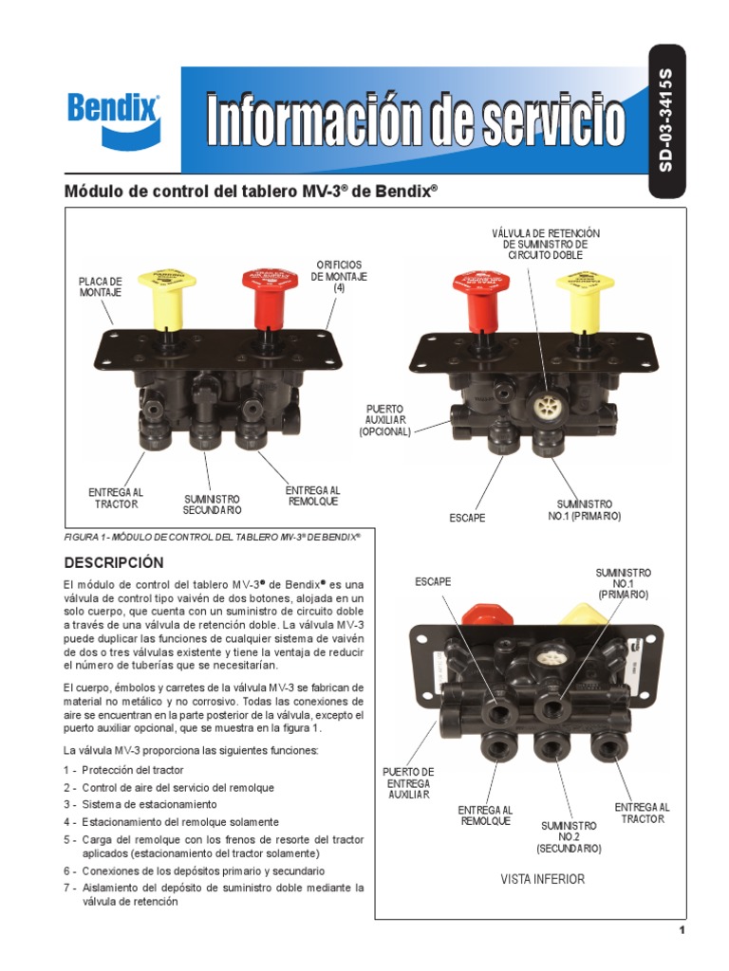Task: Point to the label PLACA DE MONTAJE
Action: coord(101,287)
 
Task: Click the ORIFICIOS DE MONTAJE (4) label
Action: coord(339,276)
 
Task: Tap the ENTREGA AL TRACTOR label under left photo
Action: coord(116,498)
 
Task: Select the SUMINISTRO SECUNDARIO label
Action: coord(212,504)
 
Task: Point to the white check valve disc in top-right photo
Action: coord(546,408)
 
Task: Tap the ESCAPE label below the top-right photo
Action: coord(467,518)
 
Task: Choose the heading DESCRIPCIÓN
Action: coord(113,562)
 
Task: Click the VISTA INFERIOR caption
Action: coord(543,879)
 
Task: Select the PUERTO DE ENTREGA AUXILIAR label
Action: coord(408,783)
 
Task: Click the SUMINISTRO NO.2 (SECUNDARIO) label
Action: coord(569,837)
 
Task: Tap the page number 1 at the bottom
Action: coord(682,930)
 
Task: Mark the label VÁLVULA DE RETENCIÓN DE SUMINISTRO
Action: coord(546,244)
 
